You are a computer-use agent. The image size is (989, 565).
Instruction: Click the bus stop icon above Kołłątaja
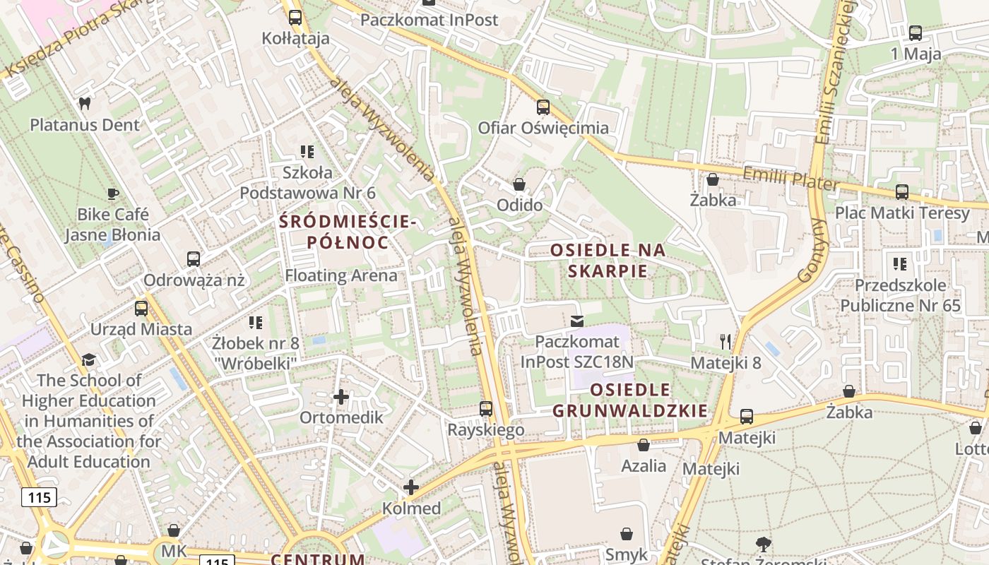click(x=295, y=18)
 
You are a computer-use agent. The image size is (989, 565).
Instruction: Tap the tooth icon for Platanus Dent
click(x=85, y=104)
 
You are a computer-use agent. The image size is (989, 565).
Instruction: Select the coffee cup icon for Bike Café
click(x=112, y=194)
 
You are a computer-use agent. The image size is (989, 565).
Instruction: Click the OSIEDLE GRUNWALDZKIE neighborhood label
click(x=630, y=400)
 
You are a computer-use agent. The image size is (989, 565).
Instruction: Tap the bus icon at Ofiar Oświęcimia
click(x=543, y=107)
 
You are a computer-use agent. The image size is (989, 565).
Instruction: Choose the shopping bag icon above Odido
click(x=519, y=185)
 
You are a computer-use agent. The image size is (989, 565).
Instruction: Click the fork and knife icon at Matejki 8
click(x=725, y=342)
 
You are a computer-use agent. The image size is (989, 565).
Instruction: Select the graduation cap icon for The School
click(x=88, y=360)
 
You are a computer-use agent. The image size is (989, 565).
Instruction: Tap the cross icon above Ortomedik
click(x=341, y=397)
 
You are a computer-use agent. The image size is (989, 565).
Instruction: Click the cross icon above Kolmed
click(x=411, y=487)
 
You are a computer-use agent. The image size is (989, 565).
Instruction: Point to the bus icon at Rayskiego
click(x=486, y=409)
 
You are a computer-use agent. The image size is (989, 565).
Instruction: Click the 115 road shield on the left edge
click(x=39, y=497)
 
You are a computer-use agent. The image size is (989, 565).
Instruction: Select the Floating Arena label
click(x=341, y=275)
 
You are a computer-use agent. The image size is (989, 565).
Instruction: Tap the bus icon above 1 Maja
click(x=916, y=32)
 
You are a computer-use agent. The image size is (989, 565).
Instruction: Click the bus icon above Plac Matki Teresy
click(x=902, y=192)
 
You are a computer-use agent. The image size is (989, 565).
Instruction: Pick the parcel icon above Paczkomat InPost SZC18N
click(x=577, y=321)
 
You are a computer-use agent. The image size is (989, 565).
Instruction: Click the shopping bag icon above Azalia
click(x=644, y=445)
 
